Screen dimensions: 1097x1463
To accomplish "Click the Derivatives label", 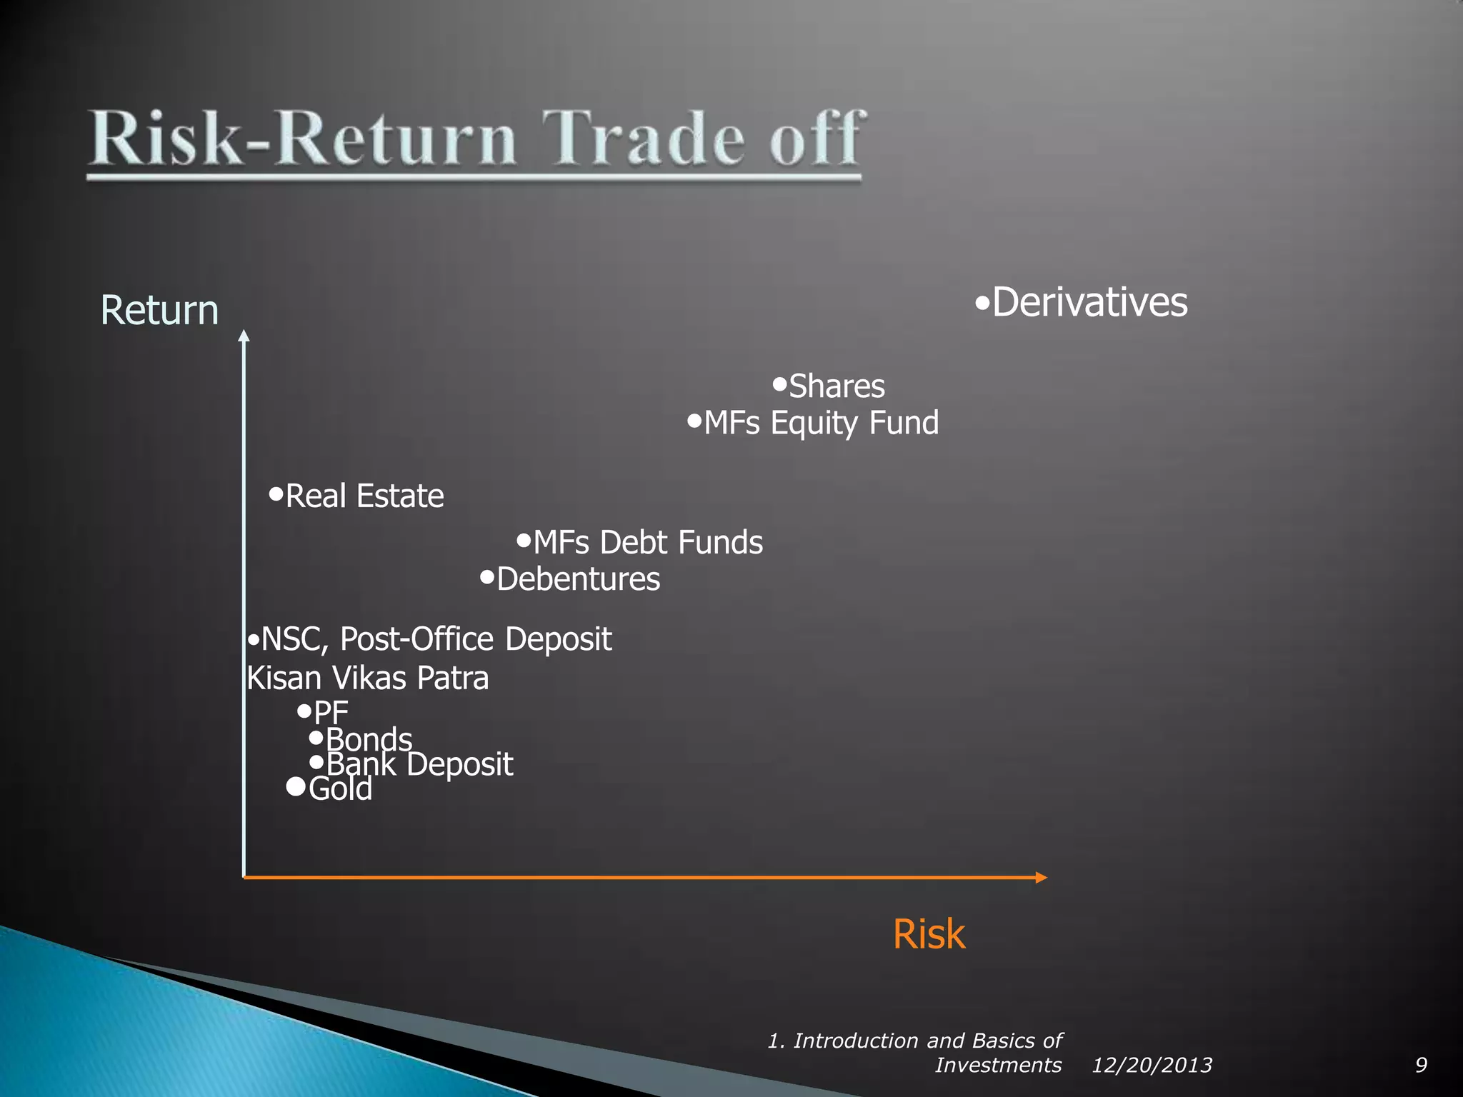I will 1089,302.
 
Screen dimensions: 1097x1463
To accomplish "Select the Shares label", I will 837,386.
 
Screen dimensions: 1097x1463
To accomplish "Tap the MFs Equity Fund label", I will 821,423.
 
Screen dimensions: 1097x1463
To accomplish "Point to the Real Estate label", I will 364,496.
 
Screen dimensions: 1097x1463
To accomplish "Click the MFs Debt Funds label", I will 648,542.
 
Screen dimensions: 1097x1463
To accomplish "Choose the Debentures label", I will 578,578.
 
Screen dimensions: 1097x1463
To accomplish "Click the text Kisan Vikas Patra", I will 368,678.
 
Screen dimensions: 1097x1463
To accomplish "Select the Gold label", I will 340,789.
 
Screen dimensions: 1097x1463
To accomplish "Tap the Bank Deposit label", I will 420,764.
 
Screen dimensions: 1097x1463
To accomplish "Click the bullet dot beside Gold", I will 295,787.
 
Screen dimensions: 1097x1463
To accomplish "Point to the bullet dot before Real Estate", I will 276,494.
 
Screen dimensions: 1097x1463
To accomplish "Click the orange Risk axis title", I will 929,933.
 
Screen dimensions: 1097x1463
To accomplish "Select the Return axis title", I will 159,310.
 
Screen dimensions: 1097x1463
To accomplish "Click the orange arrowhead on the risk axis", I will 1042,878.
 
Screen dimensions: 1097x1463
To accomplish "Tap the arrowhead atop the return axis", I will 244,336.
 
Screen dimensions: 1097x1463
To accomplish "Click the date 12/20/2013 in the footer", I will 1152,1066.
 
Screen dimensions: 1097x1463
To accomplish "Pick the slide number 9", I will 1421,1066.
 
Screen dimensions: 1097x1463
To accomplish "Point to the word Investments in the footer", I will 998,1066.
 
